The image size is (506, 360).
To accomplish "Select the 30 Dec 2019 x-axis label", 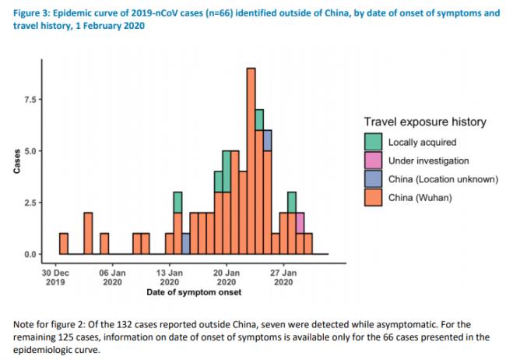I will click(55, 278).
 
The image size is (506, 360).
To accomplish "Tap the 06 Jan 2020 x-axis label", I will click(113, 278).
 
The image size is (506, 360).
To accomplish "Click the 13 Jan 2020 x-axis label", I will click(170, 278).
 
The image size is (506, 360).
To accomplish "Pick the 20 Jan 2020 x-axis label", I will click(227, 278).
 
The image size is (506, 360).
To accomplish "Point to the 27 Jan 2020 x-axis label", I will click(283, 278).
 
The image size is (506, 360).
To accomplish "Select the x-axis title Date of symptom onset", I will click(193, 293).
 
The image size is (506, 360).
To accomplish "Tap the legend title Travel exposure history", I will click(424, 122).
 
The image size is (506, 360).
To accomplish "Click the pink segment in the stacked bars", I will click(300, 223).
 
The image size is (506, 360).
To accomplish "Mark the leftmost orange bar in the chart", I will click(64, 243).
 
